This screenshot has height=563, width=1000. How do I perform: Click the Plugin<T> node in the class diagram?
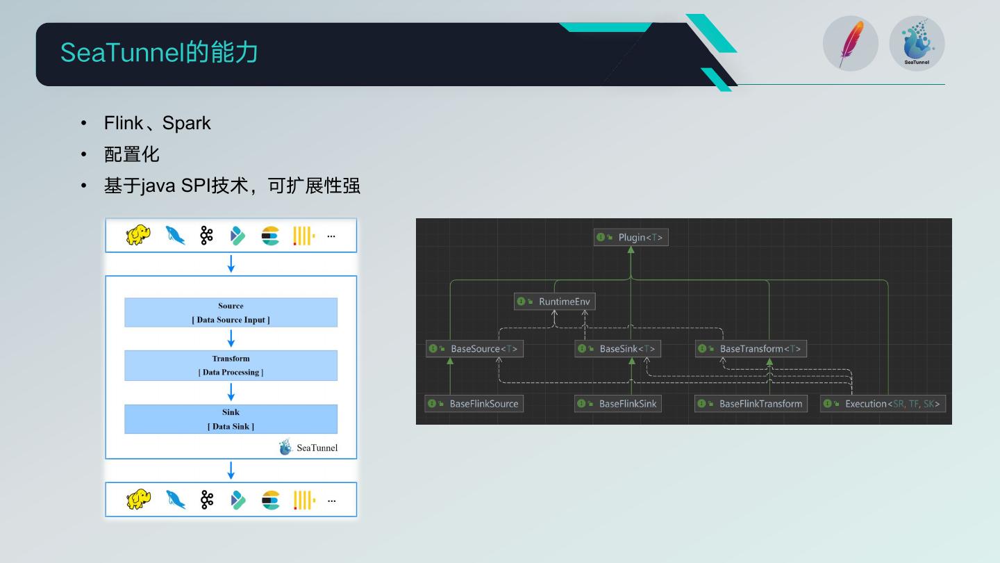[x=631, y=238]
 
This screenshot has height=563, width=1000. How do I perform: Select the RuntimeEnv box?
[x=555, y=302]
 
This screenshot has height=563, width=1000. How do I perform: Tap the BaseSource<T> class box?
[x=474, y=349]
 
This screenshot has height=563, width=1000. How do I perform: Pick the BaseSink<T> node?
[x=617, y=349]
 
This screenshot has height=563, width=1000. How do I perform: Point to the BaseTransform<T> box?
[x=751, y=349]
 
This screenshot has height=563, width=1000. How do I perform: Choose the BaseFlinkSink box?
[x=617, y=404]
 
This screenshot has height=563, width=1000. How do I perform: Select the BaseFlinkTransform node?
[x=751, y=404]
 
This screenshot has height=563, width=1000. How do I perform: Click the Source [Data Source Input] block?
[x=231, y=313]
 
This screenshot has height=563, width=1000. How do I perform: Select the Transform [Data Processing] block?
[x=231, y=366]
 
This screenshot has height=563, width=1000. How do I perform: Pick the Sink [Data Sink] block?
[x=231, y=419]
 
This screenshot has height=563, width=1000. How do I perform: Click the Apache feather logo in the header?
[x=851, y=43]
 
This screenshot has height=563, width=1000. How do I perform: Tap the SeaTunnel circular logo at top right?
[x=917, y=43]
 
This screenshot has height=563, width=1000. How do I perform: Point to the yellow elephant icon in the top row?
[x=138, y=236]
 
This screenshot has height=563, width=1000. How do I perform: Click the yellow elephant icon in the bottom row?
[x=138, y=500]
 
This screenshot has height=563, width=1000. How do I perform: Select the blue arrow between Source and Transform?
[x=231, y=338]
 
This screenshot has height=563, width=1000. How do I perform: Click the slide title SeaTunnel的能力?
[x=159, y=53]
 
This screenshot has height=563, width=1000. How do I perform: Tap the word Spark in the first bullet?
[x=186, y=123]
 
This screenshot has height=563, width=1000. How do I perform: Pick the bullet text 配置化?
[x=131, y=154]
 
